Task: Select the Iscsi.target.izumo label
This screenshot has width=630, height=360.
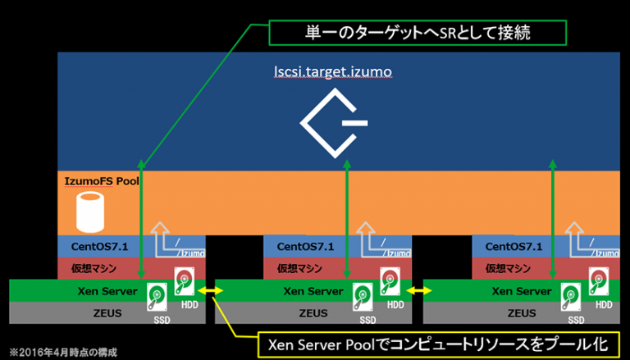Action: click(x=333, y=73)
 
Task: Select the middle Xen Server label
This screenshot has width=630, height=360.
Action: click(x=311, y=290)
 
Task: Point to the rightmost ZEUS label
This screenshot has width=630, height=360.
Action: click(x=516, y=312)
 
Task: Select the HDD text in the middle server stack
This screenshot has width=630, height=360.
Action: click(x=395, y=305)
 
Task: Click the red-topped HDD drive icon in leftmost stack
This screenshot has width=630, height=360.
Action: click(x=186, y=280)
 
